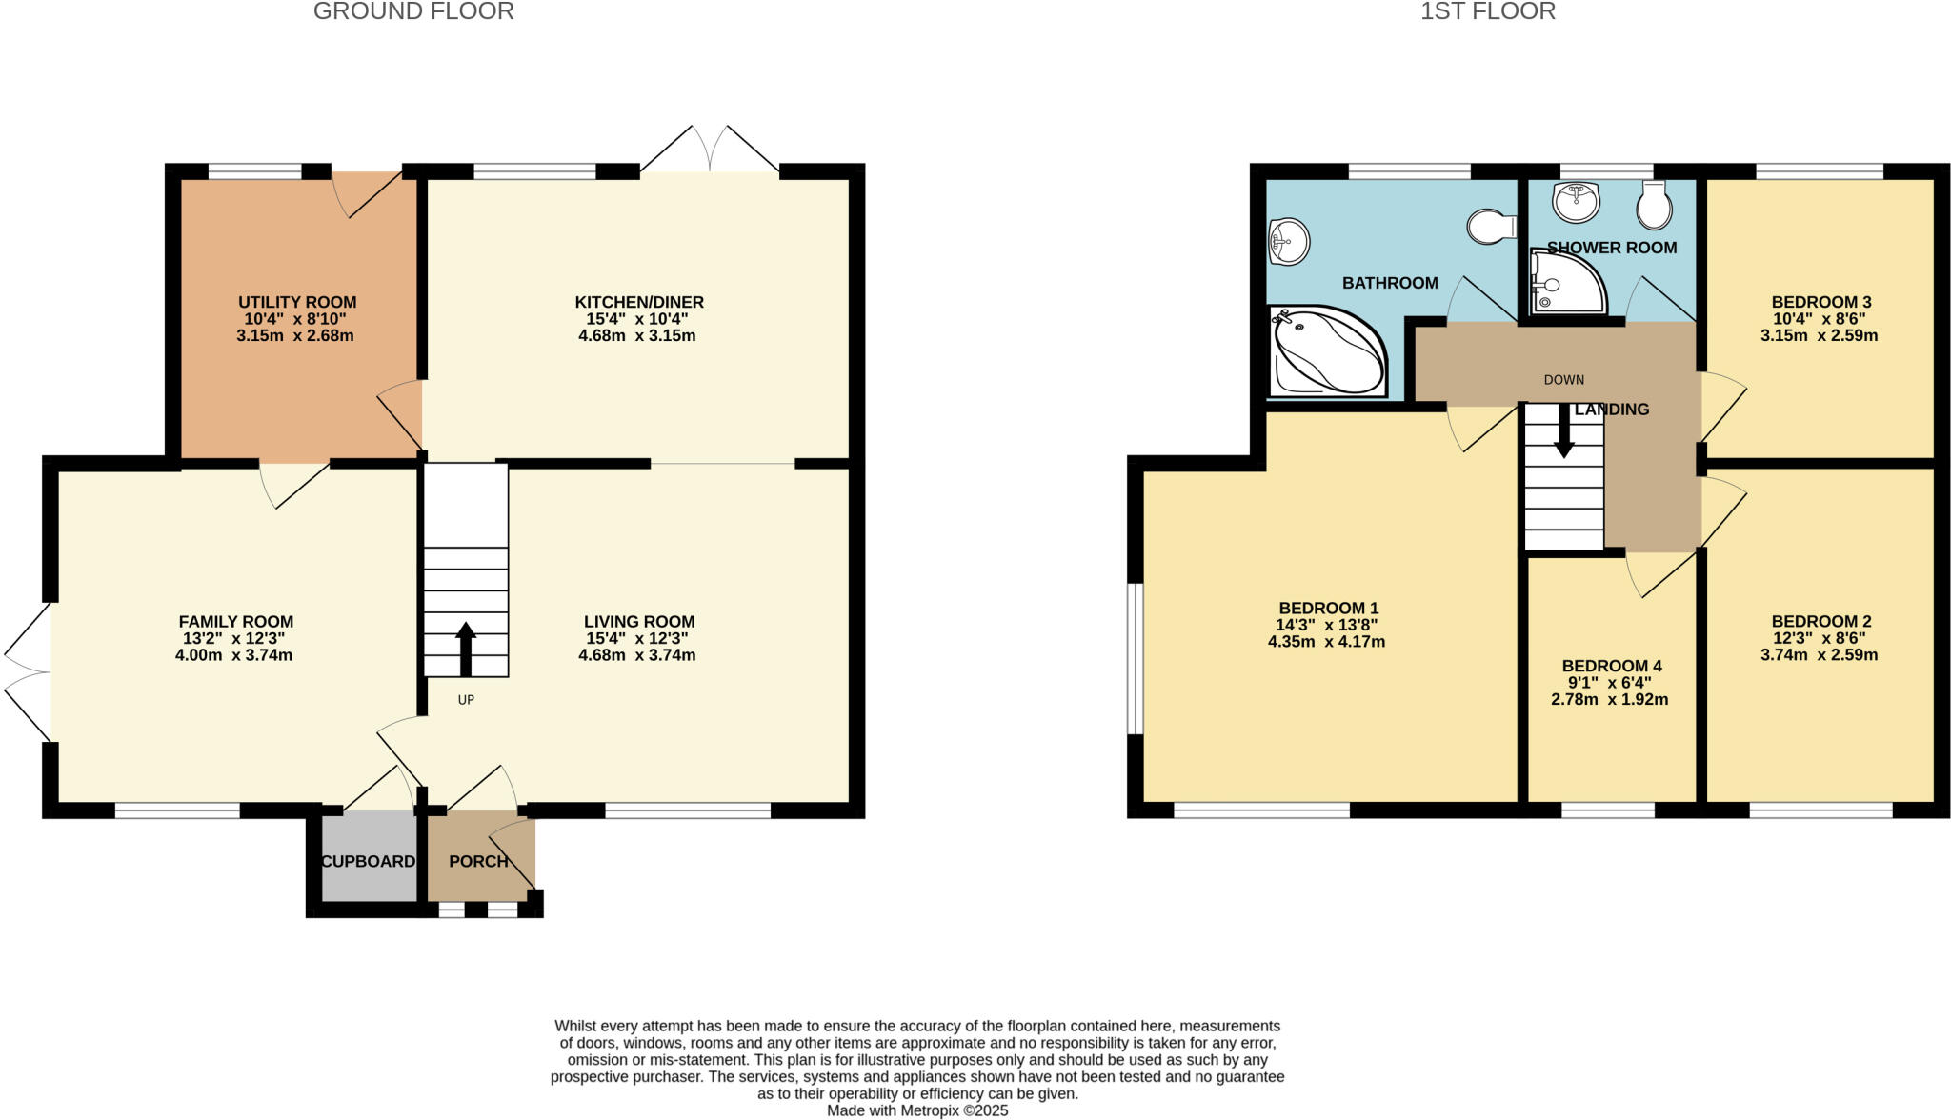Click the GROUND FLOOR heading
coord(413,11)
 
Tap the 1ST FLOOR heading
coord(1487,11)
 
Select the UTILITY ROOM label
coord(297,302)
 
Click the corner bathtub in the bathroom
coord(1327,351)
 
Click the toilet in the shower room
coord(1655,205)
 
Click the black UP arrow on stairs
coord(466,649)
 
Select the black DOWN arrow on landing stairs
coord(1563,430)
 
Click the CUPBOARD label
coord(368,861)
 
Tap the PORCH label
coord(478,861)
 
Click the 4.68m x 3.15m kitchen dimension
coord(637,336)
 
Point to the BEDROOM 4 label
coord(1612,666)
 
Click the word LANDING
coord(1612,410)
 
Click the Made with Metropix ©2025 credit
coord(916,1110)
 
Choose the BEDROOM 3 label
coord(1821,302)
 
